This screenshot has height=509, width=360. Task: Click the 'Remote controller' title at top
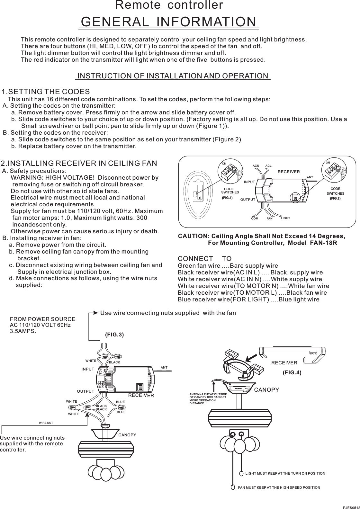pyautogui.click(x=169, y=5)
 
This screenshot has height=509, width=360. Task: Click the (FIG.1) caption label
pyautogui.click(x=227, y=198)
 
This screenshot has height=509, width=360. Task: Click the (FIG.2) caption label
pyautogui.click(x=335, y=199)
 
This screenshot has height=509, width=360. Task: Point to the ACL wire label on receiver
pyautogui.click(x=268, y=166)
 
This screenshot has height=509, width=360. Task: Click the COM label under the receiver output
pyautogui.click(x=255, y=219)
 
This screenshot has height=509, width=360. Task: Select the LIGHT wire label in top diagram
pyautogui.click(x=285, y=218)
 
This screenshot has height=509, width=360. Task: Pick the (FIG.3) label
pyautogui.click(x=114, y=335)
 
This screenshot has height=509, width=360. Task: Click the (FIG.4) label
pyautogui.click(x=292, y=373)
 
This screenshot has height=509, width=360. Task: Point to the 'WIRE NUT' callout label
pyautogui.click(x=46, y=422)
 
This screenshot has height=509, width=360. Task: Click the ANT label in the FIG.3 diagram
pyautogui.click(x=164, y=367)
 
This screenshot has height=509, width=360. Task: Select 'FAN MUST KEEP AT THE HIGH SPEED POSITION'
pyautogui.click(x=279, y=487)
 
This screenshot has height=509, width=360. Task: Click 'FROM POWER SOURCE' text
pyautogui.click(x=43, y=319)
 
